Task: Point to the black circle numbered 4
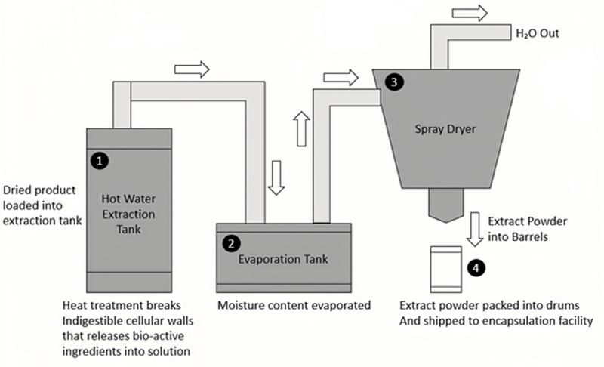(x=474, y=266)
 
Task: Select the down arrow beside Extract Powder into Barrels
(x=474, y=229)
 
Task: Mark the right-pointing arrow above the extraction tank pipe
(x=191, y=69)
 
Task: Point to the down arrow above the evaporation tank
(x=276, y=178)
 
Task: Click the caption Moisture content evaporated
(x=294, y=306)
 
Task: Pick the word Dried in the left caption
(x=18, y=190)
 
